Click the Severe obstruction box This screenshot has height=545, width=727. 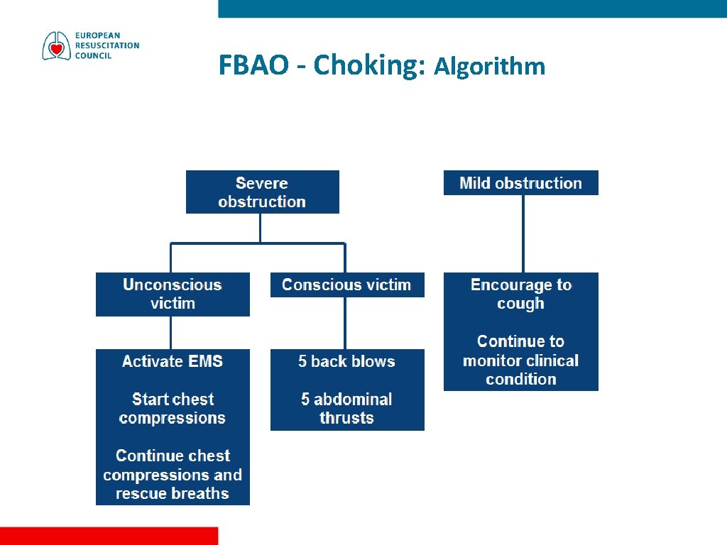[x=262, y=192]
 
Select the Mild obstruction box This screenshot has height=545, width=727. [x=520, y=183]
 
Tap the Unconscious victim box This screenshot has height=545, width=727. [x=173, y=294]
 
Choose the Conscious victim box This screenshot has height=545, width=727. [x=346, y=285]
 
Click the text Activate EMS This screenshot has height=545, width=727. [x=173, y=362]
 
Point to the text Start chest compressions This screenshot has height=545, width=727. [x=173, y=409]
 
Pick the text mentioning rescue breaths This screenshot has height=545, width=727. [x=173, y=475]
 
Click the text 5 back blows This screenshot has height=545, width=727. [x=346, y=362]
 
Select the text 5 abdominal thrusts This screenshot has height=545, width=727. [x=346, y=409]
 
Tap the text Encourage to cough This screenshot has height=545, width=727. [x=520, y=294]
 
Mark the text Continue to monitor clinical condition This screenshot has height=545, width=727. [x=520, y=360]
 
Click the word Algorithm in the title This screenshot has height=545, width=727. [x=490, y=67]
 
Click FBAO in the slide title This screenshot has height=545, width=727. [x=253, y=65]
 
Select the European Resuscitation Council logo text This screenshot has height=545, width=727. [x=107, y=45]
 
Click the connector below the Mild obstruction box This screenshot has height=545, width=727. [x=523, y=233]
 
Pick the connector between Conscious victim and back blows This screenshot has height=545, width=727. [x=345, y=323]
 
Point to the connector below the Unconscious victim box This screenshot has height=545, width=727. [x=171, y=332]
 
